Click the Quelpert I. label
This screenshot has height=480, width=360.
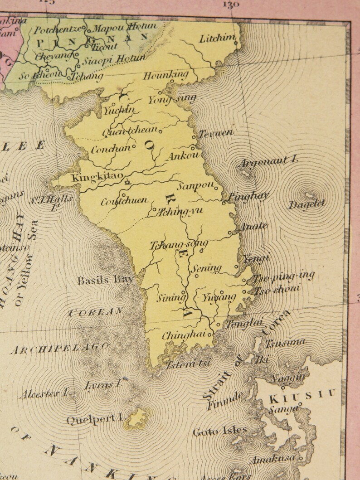coord(95,419)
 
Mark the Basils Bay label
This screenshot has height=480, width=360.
coord(105,280)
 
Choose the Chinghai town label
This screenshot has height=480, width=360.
coord(185,336)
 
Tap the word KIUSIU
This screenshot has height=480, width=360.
coord(302,397)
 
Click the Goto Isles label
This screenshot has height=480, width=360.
coord(220,431)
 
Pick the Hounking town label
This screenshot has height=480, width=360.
coord(165,75)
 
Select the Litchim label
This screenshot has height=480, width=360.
coord(217,39)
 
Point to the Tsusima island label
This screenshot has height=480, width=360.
coord(285,344)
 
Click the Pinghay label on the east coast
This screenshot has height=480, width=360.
coord(248,196)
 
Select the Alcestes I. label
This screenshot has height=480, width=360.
coord(43,394)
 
